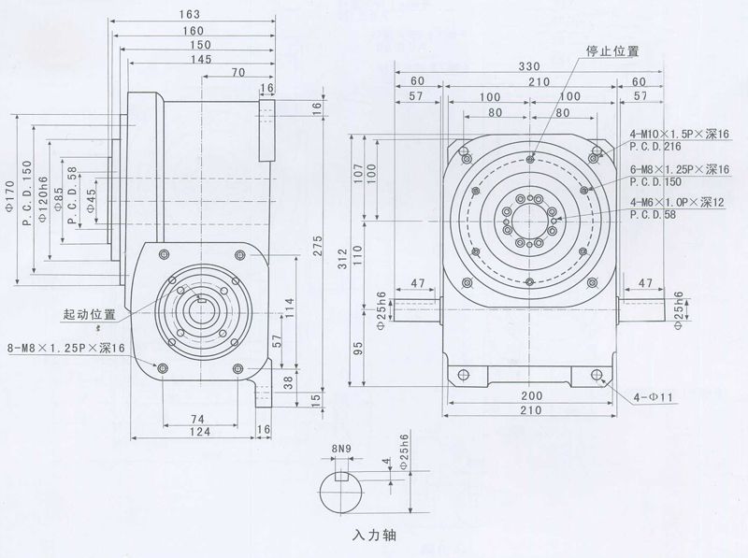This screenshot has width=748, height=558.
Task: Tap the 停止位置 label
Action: click(x=611, y=50)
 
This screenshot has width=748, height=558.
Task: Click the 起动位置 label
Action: click(x=90, y=314)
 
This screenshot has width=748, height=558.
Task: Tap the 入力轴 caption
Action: click(x=374, y=539)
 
